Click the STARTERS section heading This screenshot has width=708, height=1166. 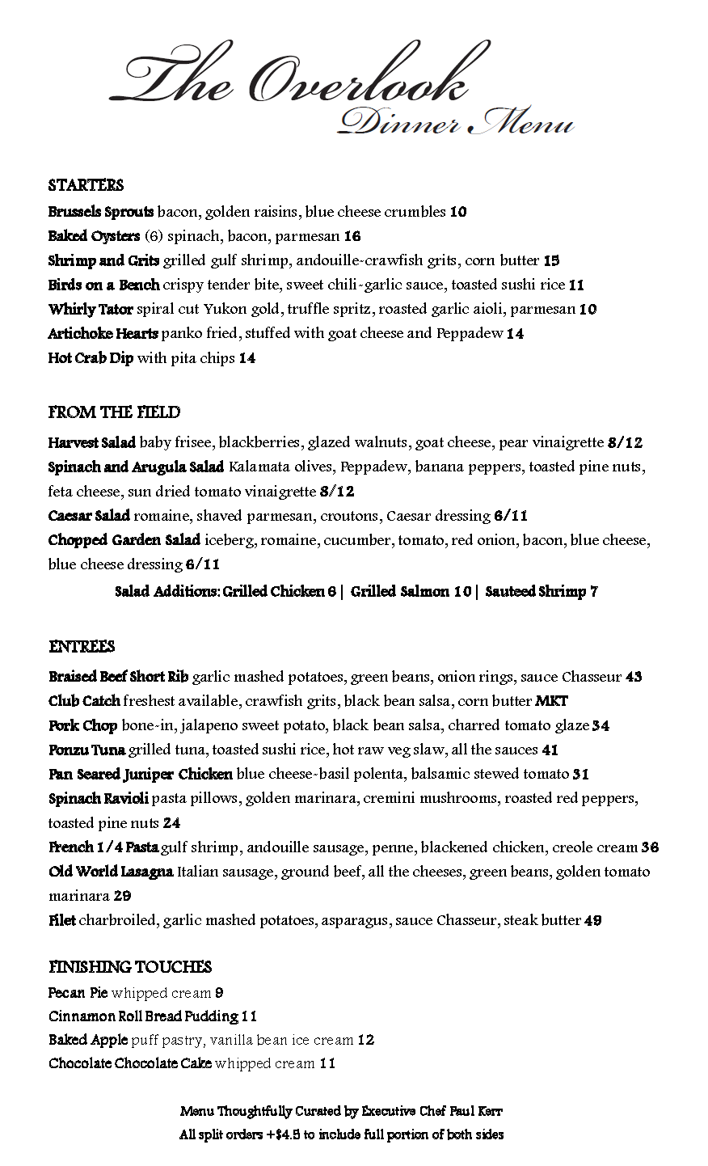point(86,185)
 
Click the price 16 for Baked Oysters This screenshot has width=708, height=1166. point(352,236)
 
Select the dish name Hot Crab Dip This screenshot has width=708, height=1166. point(91,357)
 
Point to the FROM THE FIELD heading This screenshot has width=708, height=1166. point(114,412)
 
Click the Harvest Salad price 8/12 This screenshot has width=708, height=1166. point(625,442)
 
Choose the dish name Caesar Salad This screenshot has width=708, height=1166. point(89,515)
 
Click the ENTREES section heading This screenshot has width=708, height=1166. point(82,647)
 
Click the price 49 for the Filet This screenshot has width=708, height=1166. point(592,920)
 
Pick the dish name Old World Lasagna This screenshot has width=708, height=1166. point(111,872)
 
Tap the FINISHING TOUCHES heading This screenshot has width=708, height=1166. point(130,967)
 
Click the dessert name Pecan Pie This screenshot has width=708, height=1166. point(78,992)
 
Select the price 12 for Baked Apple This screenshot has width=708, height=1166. point(365,1040)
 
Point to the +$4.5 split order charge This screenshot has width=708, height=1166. point(284,1134)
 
